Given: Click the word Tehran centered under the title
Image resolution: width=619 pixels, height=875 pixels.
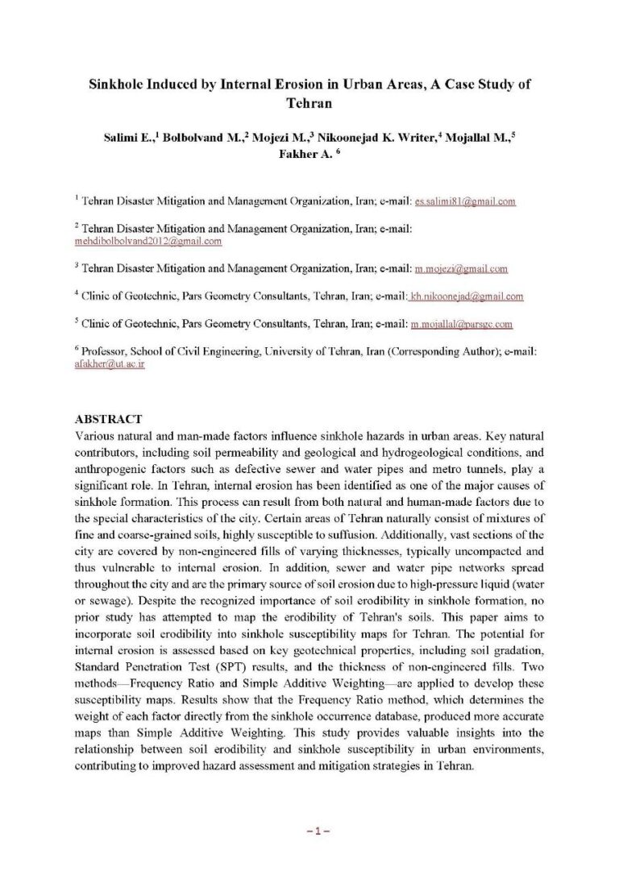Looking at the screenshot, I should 309,103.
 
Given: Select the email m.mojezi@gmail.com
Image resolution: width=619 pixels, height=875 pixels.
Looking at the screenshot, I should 459,268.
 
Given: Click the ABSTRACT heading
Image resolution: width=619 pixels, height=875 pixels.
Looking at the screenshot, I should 108,419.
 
